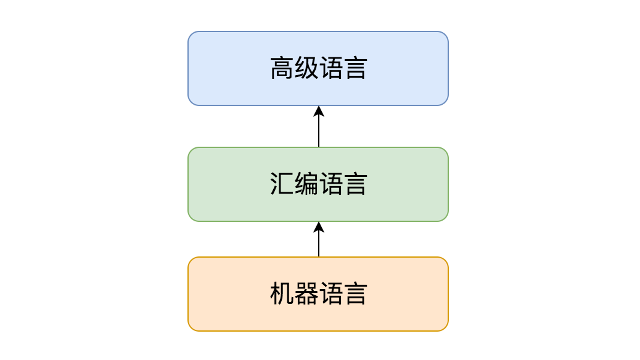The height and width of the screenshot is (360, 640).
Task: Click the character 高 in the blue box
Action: click(x=282, y=68)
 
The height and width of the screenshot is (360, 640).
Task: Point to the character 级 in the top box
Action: click(x=306, y=68)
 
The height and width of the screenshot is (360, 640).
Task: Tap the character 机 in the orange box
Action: click(x=282, y=294)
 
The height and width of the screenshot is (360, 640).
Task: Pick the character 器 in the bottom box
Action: click(x=306, y=294)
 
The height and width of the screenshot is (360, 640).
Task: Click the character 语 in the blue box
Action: click(x=330, y=68)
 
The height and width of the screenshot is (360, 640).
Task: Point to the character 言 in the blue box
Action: click(x=355, y=68)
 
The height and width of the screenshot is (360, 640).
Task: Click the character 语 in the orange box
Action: click(x=330, y=294)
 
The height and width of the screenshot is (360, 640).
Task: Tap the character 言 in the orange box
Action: click(x=355, y=294)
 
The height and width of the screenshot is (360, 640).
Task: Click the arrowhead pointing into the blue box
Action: click(x=319, y=111)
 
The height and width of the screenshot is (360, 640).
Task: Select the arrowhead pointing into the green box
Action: click(x=319, y=227)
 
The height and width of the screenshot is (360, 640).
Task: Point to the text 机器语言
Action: click(x=318, y=294)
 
